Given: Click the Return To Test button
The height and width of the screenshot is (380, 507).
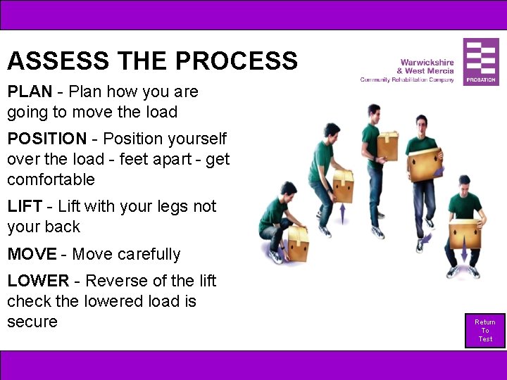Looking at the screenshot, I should [485, 331].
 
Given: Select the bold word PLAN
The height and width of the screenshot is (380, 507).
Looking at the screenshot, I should [27, 91].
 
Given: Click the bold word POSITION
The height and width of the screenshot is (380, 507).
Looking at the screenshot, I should [47, 139].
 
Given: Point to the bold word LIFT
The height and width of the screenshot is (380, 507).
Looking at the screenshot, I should [25, 207].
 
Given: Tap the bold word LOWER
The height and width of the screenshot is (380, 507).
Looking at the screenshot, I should [38, 281].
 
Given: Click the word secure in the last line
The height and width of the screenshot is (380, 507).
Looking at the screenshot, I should [32, 322].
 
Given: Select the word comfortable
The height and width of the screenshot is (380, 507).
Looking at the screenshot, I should [51, 179].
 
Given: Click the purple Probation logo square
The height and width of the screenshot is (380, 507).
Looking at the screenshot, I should [481, 62].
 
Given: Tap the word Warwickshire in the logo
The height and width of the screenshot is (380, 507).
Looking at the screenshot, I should [427, 62].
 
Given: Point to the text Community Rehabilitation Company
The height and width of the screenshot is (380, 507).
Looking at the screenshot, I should [407, 80].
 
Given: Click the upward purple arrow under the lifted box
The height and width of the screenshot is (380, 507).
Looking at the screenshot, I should [343, 213].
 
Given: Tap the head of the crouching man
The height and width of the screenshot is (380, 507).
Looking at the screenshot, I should [288, 189].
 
